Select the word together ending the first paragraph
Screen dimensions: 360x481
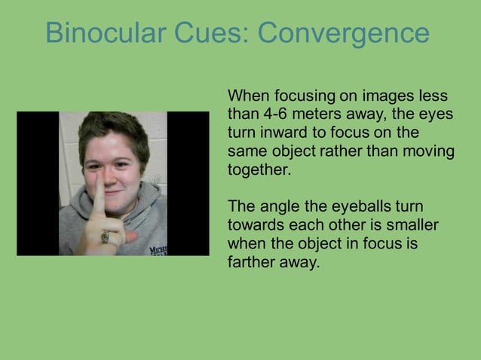[259, 169]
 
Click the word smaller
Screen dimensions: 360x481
[413, 224]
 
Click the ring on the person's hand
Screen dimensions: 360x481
[106, 238]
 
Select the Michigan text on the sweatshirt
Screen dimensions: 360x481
[157, 250]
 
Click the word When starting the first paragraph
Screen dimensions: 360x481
[248, 97]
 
